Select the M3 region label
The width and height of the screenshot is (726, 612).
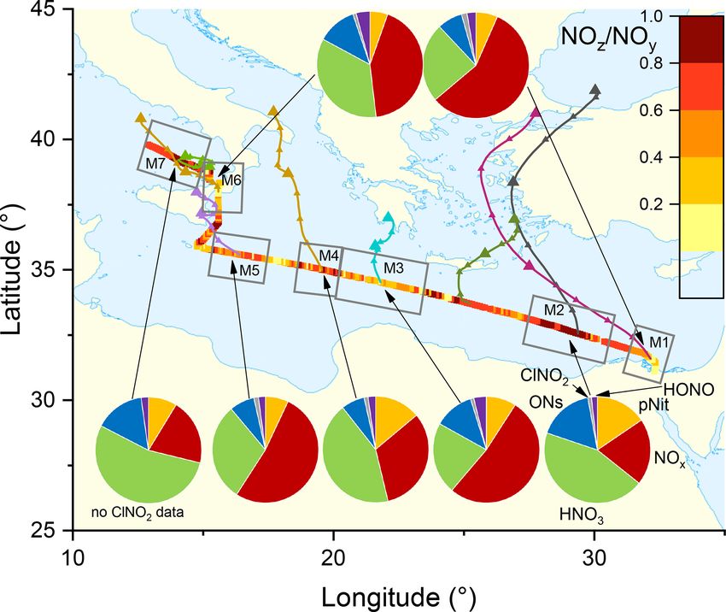point(393,268)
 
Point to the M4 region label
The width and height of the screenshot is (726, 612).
point(330,256)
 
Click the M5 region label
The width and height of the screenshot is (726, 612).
point(249,270)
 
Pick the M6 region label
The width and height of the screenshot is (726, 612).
point(231,181)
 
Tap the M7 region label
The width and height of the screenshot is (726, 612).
point(155,162)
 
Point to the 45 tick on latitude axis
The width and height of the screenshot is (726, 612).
point(57,9)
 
